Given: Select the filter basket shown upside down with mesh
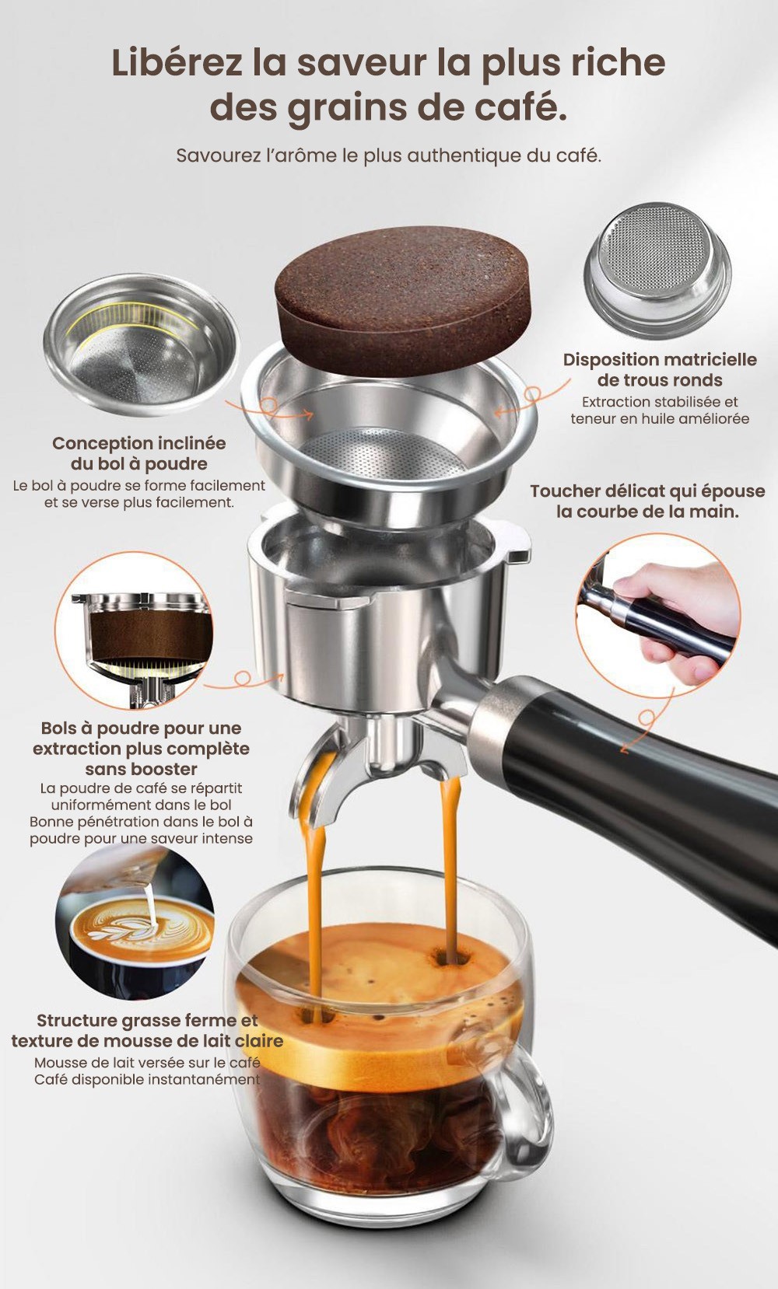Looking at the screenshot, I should pos(657,271).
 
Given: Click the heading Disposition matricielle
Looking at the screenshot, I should pos(660,359).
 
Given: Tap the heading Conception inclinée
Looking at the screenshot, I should pos(138,443).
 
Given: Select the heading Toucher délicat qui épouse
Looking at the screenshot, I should pos(647,491).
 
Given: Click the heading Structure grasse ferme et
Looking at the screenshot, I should pos(147,1020).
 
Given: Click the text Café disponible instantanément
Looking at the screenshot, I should pos(147,1079).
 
